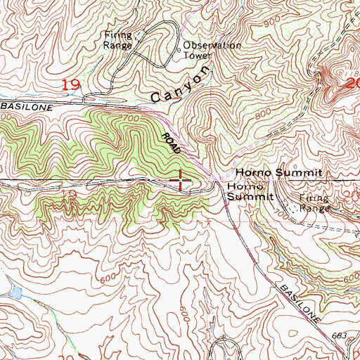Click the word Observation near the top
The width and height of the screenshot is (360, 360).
point(212,46)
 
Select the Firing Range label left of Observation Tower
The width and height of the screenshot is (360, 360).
point(118,39)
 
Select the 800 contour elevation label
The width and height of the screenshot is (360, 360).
point(262,111)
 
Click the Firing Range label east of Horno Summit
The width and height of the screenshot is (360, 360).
point(314,203)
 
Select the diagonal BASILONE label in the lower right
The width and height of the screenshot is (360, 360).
point(297,300)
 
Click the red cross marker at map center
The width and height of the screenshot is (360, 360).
point(180,181)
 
